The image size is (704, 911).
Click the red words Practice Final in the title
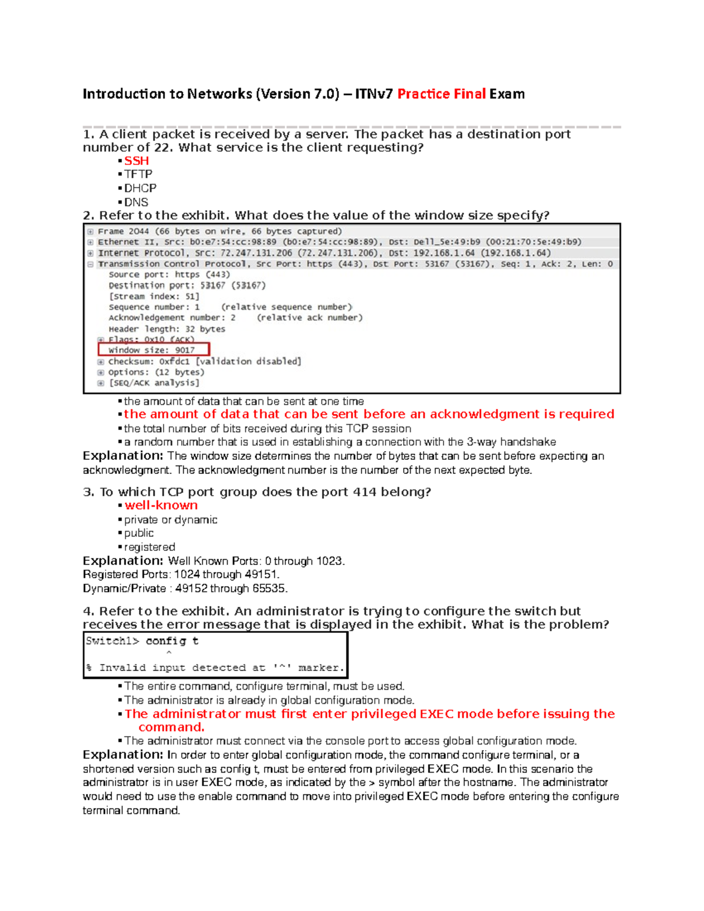pos(441,94)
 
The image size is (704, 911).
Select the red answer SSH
pos(136,161)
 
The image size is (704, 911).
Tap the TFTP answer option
pos(138,174)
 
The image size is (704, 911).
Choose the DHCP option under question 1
pos(140,188)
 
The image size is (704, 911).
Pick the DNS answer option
pos(136,202)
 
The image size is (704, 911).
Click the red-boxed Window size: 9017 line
pos(153,350)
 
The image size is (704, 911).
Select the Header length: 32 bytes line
pos(167,329)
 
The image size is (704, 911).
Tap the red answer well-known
pos(161,506)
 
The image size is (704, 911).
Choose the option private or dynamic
pos(170,520)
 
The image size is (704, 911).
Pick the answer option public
pos(139,533)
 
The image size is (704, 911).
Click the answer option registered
pos(150,547)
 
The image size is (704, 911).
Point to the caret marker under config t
pos(169,653)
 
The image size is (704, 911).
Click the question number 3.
pos(88,492)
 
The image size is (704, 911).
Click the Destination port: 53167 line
pos(187,286)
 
